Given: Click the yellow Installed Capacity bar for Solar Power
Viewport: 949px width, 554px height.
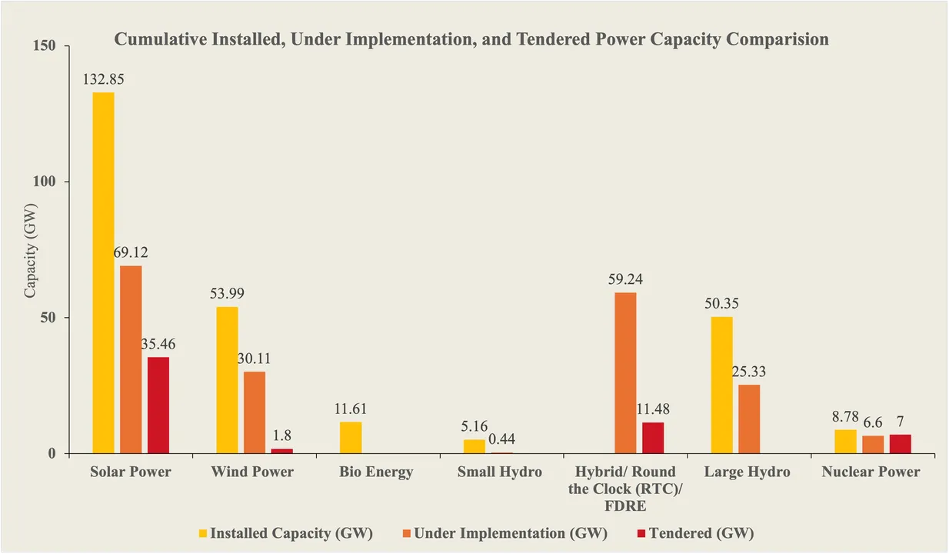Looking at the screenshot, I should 103,272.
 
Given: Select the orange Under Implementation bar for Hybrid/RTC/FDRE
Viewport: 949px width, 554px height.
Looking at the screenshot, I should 625,372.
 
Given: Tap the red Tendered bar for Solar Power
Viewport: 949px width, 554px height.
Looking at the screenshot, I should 158,405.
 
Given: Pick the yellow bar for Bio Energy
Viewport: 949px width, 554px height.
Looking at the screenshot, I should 351,437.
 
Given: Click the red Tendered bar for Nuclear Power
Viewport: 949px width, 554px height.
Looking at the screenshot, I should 901,444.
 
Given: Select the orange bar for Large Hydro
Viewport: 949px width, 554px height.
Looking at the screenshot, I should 749,419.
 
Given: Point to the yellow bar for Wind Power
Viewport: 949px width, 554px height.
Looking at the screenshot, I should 227,380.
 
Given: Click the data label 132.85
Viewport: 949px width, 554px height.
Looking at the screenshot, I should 103,79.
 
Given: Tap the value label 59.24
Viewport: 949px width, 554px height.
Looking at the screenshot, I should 625,279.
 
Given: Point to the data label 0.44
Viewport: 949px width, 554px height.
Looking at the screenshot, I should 501,439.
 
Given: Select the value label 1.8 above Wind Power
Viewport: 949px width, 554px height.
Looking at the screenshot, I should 281,435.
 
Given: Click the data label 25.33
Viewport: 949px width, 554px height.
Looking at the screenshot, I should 749,372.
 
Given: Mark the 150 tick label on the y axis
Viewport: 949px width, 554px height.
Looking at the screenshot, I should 45,46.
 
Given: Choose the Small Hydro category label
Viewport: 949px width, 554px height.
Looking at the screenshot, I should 499,472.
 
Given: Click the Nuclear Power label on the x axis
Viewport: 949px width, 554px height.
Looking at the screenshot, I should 871,472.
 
